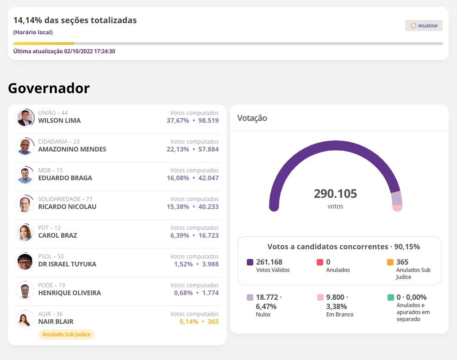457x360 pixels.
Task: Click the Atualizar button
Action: coord(424,25)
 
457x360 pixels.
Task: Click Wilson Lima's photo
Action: coord(25,118)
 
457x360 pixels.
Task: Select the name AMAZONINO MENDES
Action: coord(72,149)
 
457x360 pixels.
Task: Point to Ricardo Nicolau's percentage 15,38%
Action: coord(178,207)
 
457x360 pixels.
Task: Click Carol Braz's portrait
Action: coord(25,233)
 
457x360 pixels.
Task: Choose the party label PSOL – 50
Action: coord(51,256)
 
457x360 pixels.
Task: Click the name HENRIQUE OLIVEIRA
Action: coord(69,293)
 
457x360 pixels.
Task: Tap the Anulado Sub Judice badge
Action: coord(66,334)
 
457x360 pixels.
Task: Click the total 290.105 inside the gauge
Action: coord(335,194)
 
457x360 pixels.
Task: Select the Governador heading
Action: coord(49,88)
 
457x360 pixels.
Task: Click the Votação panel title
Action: coord(252,118)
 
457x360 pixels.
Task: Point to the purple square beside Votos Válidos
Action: coord(250,262)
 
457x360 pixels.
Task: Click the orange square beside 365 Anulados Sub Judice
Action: coord(390,262)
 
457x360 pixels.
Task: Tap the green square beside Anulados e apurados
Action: coord(390,297)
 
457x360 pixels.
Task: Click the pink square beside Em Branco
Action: coord(320,297)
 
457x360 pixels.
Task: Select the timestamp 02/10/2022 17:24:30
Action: coord(90,51)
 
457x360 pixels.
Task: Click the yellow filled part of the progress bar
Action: coord(44,44)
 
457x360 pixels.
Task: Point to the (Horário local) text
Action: coord(33,32)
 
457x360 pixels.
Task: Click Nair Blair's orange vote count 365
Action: coord(213,322)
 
